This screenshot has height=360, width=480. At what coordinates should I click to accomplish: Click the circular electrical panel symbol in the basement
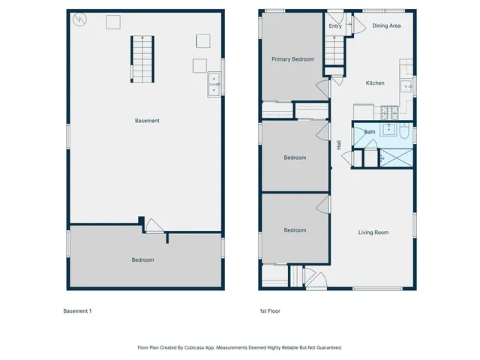click(79, 20)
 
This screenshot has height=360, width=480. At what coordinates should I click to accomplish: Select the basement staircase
click(142, 59)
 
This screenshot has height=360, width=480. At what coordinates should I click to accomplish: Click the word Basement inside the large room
click(147, 121)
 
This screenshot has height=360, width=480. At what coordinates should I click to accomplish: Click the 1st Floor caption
click(270, 310)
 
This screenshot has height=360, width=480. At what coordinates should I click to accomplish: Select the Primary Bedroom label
click(292, 59)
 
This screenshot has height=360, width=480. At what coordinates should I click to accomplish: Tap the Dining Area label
click(386, 25)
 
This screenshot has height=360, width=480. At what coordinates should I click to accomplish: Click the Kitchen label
click(375, 83)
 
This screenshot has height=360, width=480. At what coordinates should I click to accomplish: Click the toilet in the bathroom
click(403, 133)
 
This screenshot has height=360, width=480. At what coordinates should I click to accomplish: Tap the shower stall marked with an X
click(395, 158)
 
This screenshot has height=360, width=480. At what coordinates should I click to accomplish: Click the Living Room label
click(373, 232)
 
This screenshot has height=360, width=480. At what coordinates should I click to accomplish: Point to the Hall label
click(339, 145)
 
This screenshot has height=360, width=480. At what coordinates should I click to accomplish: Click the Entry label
click(335, 25)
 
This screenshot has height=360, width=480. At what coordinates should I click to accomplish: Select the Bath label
click(370, 132)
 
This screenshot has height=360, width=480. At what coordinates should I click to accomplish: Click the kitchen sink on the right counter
click(407, 86)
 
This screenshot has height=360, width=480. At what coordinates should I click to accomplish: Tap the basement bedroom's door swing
click(154, 226)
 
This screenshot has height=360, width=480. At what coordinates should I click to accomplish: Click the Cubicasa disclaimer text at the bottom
click(240, 347)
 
